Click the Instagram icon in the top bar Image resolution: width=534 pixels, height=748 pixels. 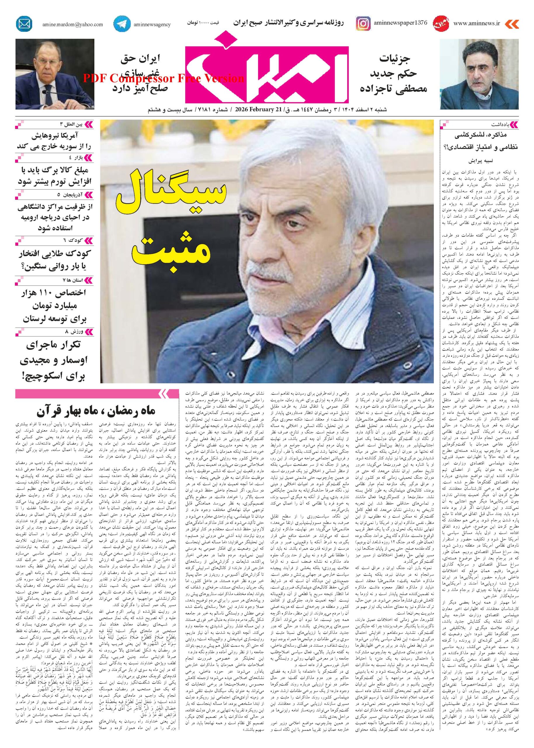click(x=363, y=24)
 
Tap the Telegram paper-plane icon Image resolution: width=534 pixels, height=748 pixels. click(x=121, y=24)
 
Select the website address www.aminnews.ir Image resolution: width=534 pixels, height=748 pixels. click(x=476, y=23)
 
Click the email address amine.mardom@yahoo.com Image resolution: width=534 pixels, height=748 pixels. click(x=72, y=24)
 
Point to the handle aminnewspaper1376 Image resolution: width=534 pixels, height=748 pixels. click(x=400, y=23)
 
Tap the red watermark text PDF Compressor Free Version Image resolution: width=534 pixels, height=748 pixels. click(x=163, y=78)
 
